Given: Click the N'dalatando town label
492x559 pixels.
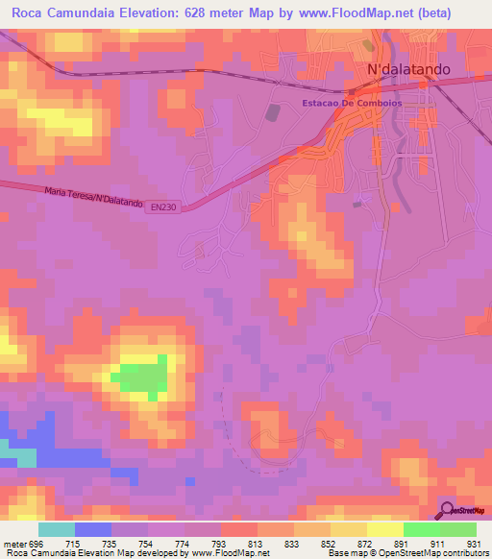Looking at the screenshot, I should click(416, 70).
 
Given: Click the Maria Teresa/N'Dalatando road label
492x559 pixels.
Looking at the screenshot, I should click(93, 199).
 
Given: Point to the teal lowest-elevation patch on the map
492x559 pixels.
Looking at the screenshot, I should click(16, 452).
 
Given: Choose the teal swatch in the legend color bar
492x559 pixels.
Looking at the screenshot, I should click(57, 529).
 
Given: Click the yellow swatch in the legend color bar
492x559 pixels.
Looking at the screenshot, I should click(384, 529).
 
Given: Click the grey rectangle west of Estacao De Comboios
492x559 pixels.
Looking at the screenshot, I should click(273, 113).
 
